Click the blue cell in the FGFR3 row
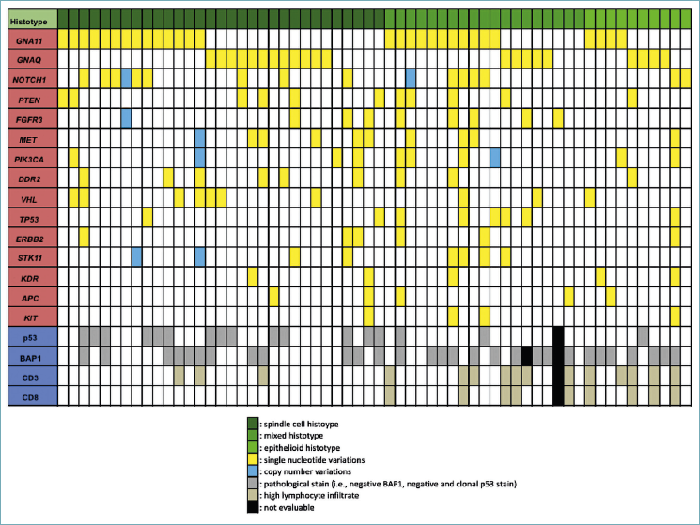(126, 117)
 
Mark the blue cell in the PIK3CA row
(494, 157)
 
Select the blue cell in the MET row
(199, 137)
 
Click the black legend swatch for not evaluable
(252, 507)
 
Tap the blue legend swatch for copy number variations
(252, 471)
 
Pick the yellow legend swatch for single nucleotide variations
(252, 459)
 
